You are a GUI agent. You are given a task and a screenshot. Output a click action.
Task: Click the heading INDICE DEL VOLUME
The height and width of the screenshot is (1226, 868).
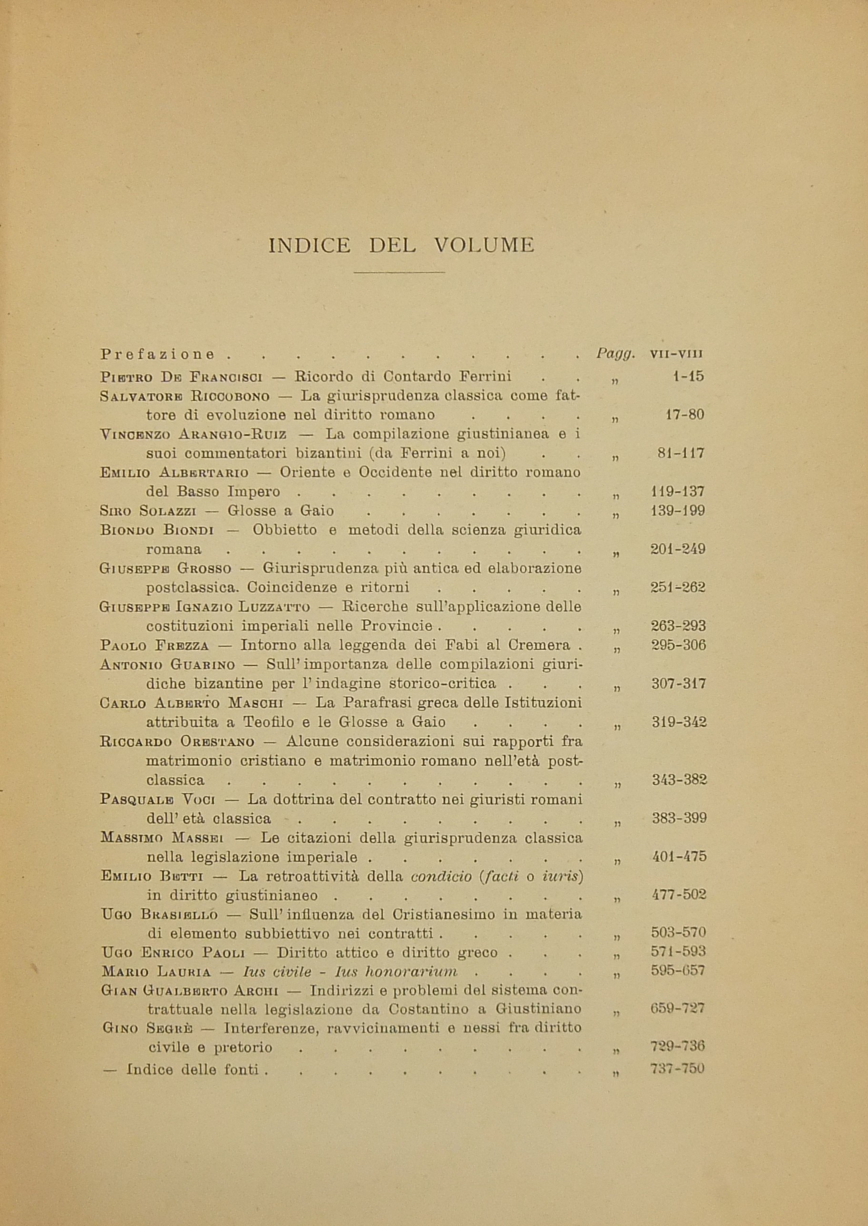click(401, 246)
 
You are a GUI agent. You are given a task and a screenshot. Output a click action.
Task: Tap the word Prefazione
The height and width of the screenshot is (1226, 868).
click(157, 354)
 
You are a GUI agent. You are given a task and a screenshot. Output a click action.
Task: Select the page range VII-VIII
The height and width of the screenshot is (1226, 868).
click(677, 354)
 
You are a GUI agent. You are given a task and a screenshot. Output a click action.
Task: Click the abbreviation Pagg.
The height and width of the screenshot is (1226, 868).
click(615, 354)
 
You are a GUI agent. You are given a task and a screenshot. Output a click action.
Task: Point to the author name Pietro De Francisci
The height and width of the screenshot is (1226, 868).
click(181, 377)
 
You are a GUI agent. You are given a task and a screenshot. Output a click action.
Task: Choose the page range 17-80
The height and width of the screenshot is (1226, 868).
click(685, 415)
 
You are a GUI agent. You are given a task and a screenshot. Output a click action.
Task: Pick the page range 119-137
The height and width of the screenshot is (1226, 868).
click(678, 491)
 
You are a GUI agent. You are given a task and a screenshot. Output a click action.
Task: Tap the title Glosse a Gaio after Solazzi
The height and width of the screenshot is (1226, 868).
click(281, 511)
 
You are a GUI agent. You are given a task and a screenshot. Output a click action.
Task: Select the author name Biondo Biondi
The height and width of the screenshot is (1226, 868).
click(156, 530)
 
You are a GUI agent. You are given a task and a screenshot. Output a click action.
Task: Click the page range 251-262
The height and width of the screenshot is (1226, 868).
click(678, 587)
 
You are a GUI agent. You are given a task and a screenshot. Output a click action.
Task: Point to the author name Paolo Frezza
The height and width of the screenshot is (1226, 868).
click(155, 645)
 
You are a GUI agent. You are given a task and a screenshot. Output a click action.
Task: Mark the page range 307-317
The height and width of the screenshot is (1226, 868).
click(679, 683)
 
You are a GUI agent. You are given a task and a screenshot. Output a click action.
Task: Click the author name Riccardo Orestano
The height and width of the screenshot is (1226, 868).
click(177, 742)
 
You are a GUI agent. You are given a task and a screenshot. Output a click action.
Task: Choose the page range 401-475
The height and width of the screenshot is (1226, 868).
click(679, 856)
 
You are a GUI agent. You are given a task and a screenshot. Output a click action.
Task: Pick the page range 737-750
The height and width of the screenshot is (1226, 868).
click(678, 1069)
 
